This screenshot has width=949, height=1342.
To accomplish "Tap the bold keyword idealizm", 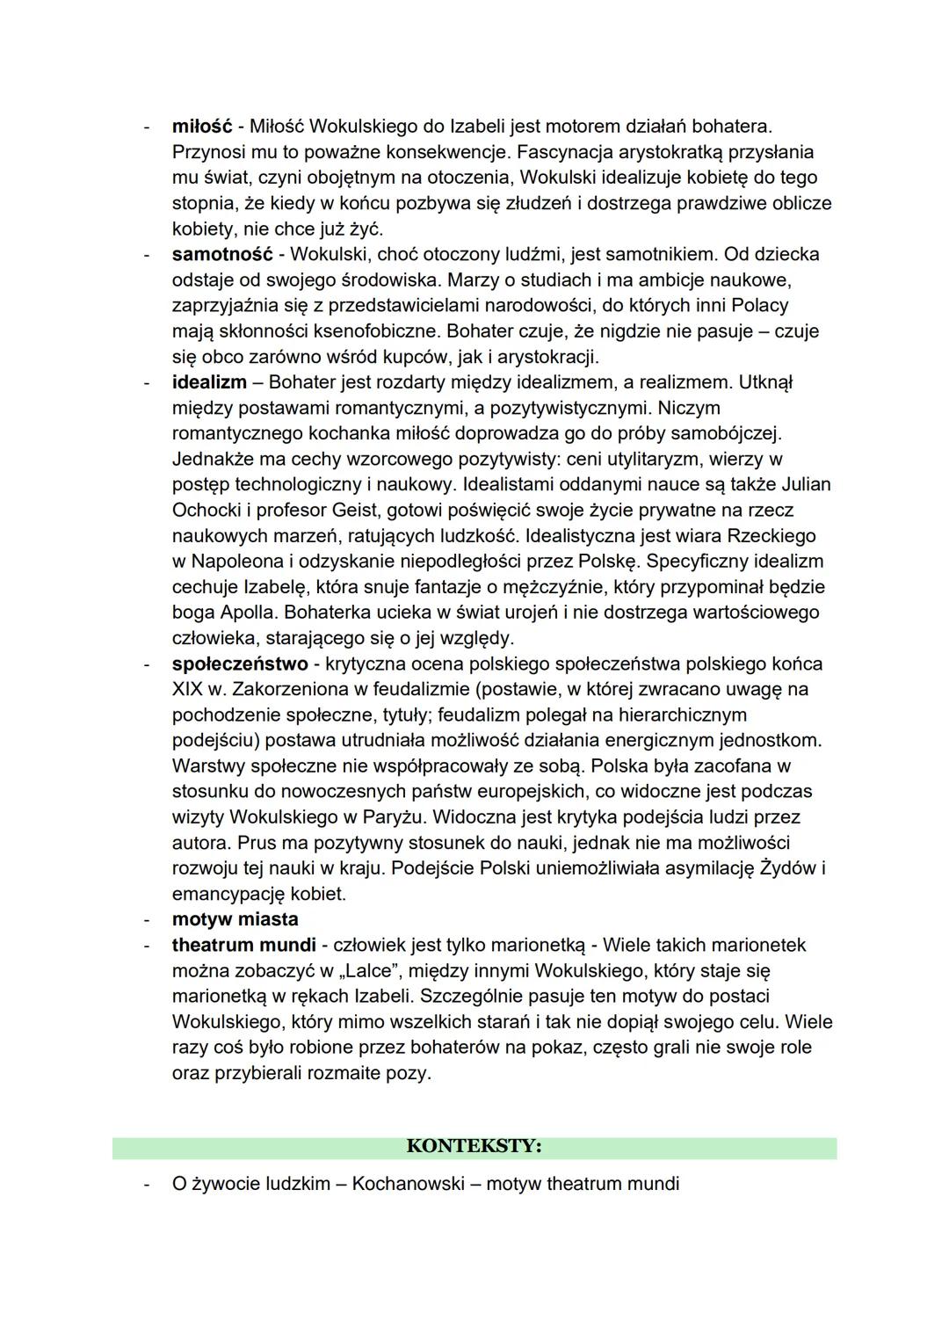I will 209,382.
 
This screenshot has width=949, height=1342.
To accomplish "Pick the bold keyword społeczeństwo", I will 240,664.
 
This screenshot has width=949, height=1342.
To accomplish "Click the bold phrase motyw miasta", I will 235,919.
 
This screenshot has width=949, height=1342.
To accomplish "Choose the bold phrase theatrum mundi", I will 243,945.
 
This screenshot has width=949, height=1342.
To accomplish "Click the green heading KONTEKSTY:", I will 474,1147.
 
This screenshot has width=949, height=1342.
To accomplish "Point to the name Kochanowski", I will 405,1184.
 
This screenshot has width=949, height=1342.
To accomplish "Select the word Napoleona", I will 233,561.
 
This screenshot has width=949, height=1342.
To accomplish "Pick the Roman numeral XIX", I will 188,689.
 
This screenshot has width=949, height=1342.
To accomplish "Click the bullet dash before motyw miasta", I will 147,919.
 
